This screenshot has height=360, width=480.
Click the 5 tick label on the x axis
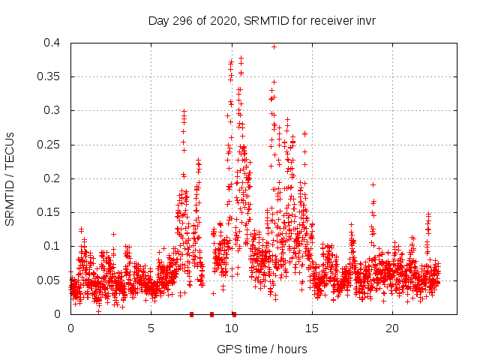pyautogui.click(x=151, y=328)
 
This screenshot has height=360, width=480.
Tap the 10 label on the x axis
pyautogui.click(x=231, y=328)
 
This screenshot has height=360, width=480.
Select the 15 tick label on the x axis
pyautogui.click(x=311, y=328)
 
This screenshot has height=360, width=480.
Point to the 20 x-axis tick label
pyautogui.click(x=391, y=328)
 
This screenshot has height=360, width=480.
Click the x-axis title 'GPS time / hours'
pyautogui.click(x=262, y=349)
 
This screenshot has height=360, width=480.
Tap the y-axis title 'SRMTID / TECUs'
pyautogui.click(x=10, y=178)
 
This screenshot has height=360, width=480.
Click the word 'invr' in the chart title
pyautogui.click(x=364, y=20)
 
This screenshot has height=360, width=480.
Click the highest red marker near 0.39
pyautogui.click(x=274, y=46)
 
